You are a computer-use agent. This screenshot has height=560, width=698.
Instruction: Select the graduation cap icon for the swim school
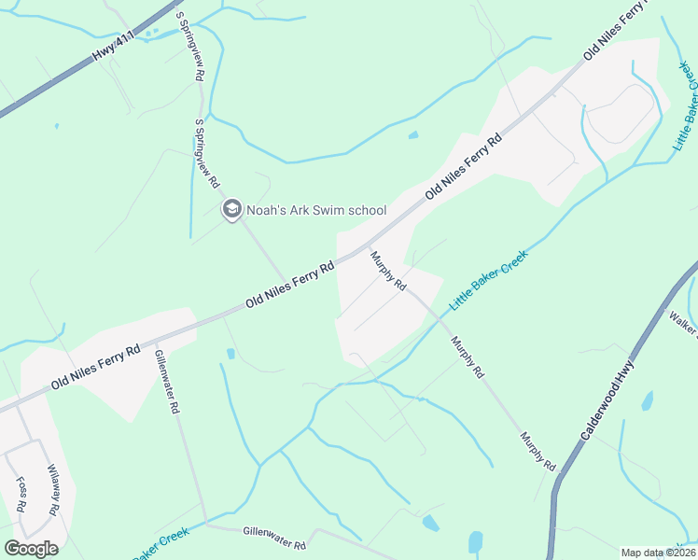point(231,210)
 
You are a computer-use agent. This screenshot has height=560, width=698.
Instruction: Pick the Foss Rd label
point(21,496)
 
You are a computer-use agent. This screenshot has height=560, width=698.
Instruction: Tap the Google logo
point(31,548)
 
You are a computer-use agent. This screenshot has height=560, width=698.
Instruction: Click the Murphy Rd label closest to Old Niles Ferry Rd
point(388,270)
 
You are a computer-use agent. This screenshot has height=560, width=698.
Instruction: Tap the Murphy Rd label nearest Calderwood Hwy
point(538,451)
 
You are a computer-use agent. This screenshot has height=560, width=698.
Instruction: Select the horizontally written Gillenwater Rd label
point(274,538)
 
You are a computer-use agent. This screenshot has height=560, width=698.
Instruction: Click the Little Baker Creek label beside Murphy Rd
point(489,280)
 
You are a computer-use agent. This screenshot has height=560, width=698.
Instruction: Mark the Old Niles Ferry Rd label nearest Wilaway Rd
point(96,366)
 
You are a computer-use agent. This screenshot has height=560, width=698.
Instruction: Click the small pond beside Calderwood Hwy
point(647,401)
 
